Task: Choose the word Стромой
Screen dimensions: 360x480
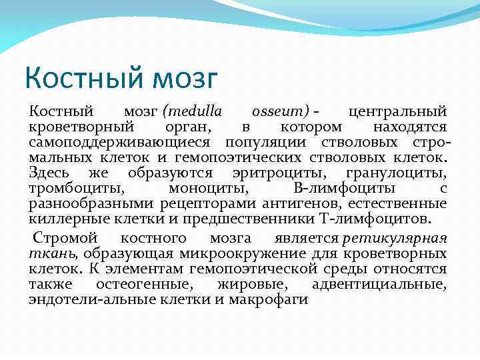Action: pyautogui.click(x=65, y=238)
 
